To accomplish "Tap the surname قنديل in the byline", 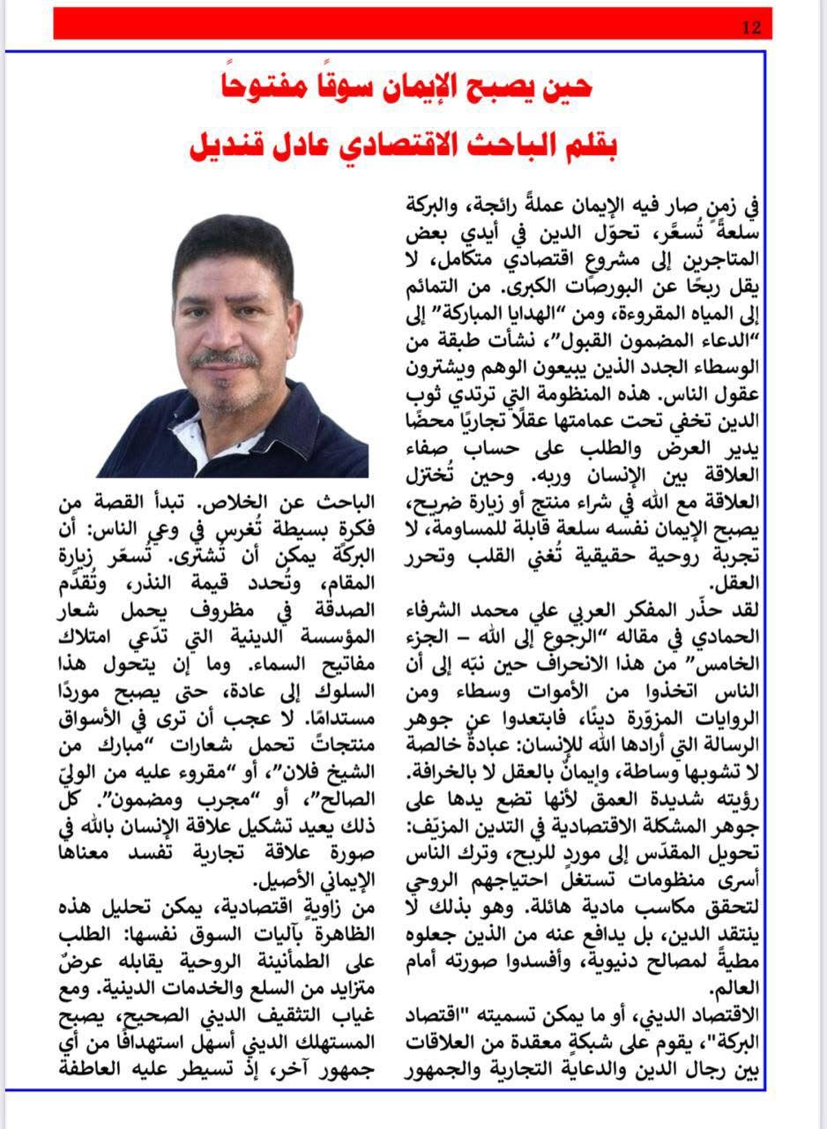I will point(233,146).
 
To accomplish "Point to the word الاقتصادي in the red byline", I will point(432,146).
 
